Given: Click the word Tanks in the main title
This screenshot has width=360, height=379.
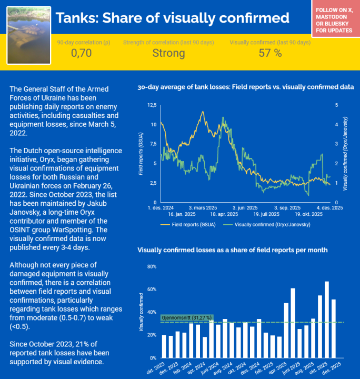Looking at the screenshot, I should click(x=77, y=18).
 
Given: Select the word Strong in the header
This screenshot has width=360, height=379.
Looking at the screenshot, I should click(x=168, y=53).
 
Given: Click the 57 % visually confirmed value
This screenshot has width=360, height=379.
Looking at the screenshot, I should click(x=270, y=53).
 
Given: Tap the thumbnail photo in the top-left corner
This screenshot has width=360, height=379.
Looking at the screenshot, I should click(x=28, y=35).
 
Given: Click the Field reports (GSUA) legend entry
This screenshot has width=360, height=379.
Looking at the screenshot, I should click(x=188, y=224).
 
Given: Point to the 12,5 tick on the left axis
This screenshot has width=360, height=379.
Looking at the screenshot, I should click(x=152, y=105).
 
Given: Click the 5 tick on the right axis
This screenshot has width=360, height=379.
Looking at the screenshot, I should click(x=337, y=105).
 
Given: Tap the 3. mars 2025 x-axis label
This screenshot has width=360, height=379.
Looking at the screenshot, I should click(x=204, y=207).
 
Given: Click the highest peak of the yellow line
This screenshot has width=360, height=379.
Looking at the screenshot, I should click(x=203, y=112).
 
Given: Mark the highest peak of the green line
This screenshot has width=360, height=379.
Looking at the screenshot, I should click(x=224, y=117).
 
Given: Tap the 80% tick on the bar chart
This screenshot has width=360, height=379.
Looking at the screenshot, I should click(x=151, y=266).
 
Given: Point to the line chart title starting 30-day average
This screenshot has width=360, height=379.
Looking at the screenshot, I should click(x=245, y=86).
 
